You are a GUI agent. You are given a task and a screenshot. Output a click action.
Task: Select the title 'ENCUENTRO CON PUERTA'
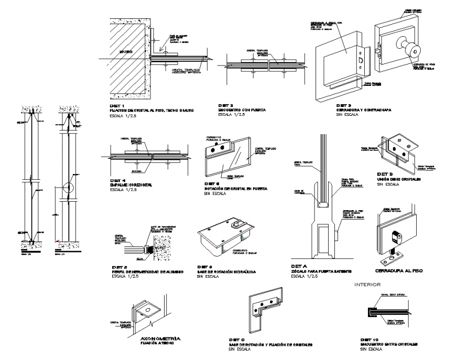[x=242, y=111]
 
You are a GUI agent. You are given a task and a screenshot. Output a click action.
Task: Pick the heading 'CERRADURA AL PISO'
[x=399, y=271]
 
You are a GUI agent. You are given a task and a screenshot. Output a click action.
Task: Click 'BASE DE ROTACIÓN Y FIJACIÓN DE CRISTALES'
[x=270, y=344]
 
